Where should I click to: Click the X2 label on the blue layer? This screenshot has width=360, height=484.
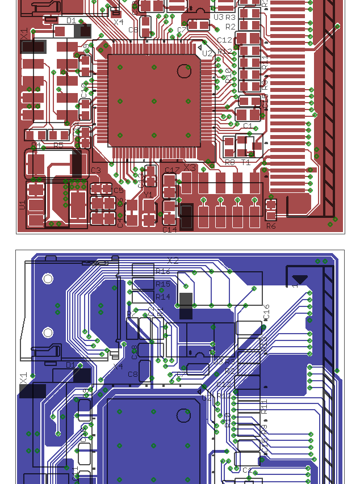(x=173, y=261)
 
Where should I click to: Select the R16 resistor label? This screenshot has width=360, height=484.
(x=162, y=272)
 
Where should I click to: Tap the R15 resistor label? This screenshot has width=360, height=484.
(x=162, y=284)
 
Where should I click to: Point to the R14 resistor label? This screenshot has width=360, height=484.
(x=162, y=297)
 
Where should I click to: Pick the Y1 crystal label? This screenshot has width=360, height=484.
(x=148, y=195)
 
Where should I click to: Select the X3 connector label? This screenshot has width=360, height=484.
(x=190, y=168)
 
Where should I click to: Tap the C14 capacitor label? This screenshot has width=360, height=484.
(x=170, y=230)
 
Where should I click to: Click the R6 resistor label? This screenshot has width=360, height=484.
(x=271, y=226)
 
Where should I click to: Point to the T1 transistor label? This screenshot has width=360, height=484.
(x=246, y=162)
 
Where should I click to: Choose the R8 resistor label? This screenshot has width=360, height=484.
(x=230, y=162)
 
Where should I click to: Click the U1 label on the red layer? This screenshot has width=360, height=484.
(x=22, y=205)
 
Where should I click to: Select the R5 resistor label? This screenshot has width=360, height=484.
(x=58, y=146)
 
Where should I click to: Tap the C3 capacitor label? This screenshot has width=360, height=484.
(x=95, y=170)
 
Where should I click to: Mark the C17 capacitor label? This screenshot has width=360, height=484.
(x=171, y=170)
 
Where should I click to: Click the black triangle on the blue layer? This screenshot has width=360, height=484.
(x=300, y=279)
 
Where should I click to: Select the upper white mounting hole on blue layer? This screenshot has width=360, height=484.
(x=48, y=279)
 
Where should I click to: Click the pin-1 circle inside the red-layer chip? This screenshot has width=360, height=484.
(x=183, y=71)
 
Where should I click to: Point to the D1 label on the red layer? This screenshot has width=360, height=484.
(x=71, y=20)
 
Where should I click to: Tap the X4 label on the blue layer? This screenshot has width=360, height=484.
(x=118, y=367)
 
